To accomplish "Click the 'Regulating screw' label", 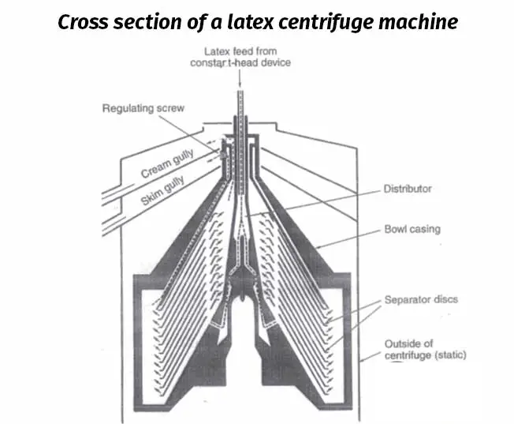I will click(x=143, y=107).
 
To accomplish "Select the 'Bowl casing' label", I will click(x=412, y=230).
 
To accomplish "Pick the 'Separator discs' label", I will click(x=421, y=300).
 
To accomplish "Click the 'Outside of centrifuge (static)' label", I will click(x=424, y=349).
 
